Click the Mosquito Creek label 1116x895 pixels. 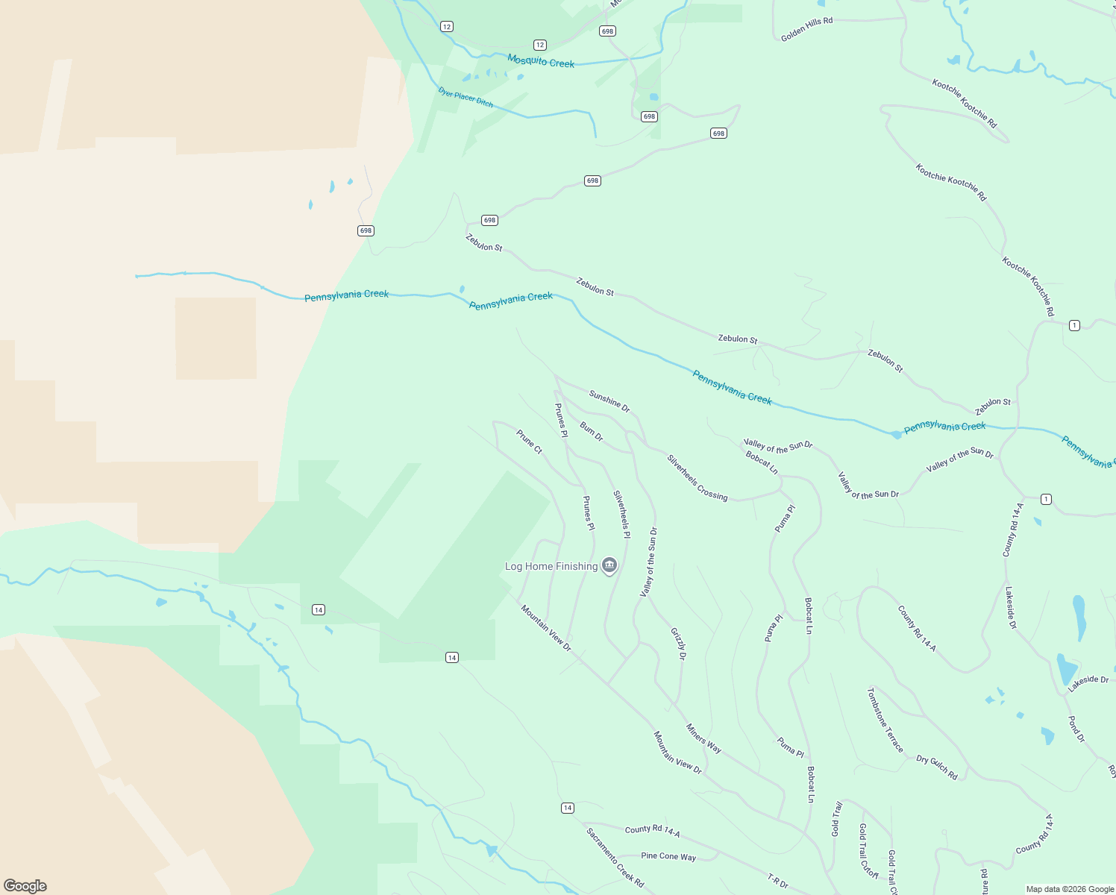click(541, 62)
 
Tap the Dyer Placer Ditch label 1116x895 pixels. click(465, 98)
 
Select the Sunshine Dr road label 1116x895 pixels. click(609, 401)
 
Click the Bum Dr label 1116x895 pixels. click(592, 432)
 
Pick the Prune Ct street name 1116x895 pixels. click(529, 442)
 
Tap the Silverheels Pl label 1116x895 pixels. click(621, 514)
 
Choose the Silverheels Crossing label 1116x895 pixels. click(697, 477)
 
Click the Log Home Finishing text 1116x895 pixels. click(551, 567)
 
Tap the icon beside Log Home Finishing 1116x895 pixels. click(609, 566)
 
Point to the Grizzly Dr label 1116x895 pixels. click(677, 644)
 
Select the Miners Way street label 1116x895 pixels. click(703, 738)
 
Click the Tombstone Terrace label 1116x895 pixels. click(885, 720)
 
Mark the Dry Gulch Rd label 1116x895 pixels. click(936, 767)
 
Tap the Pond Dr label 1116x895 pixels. click(1076, 729)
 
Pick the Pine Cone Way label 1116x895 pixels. click(668, 856)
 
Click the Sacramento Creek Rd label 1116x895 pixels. click(615, 858)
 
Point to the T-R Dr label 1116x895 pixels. click(777, 881)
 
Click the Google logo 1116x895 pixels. click(25, 886)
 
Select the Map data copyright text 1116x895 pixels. click(1070, 889)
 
